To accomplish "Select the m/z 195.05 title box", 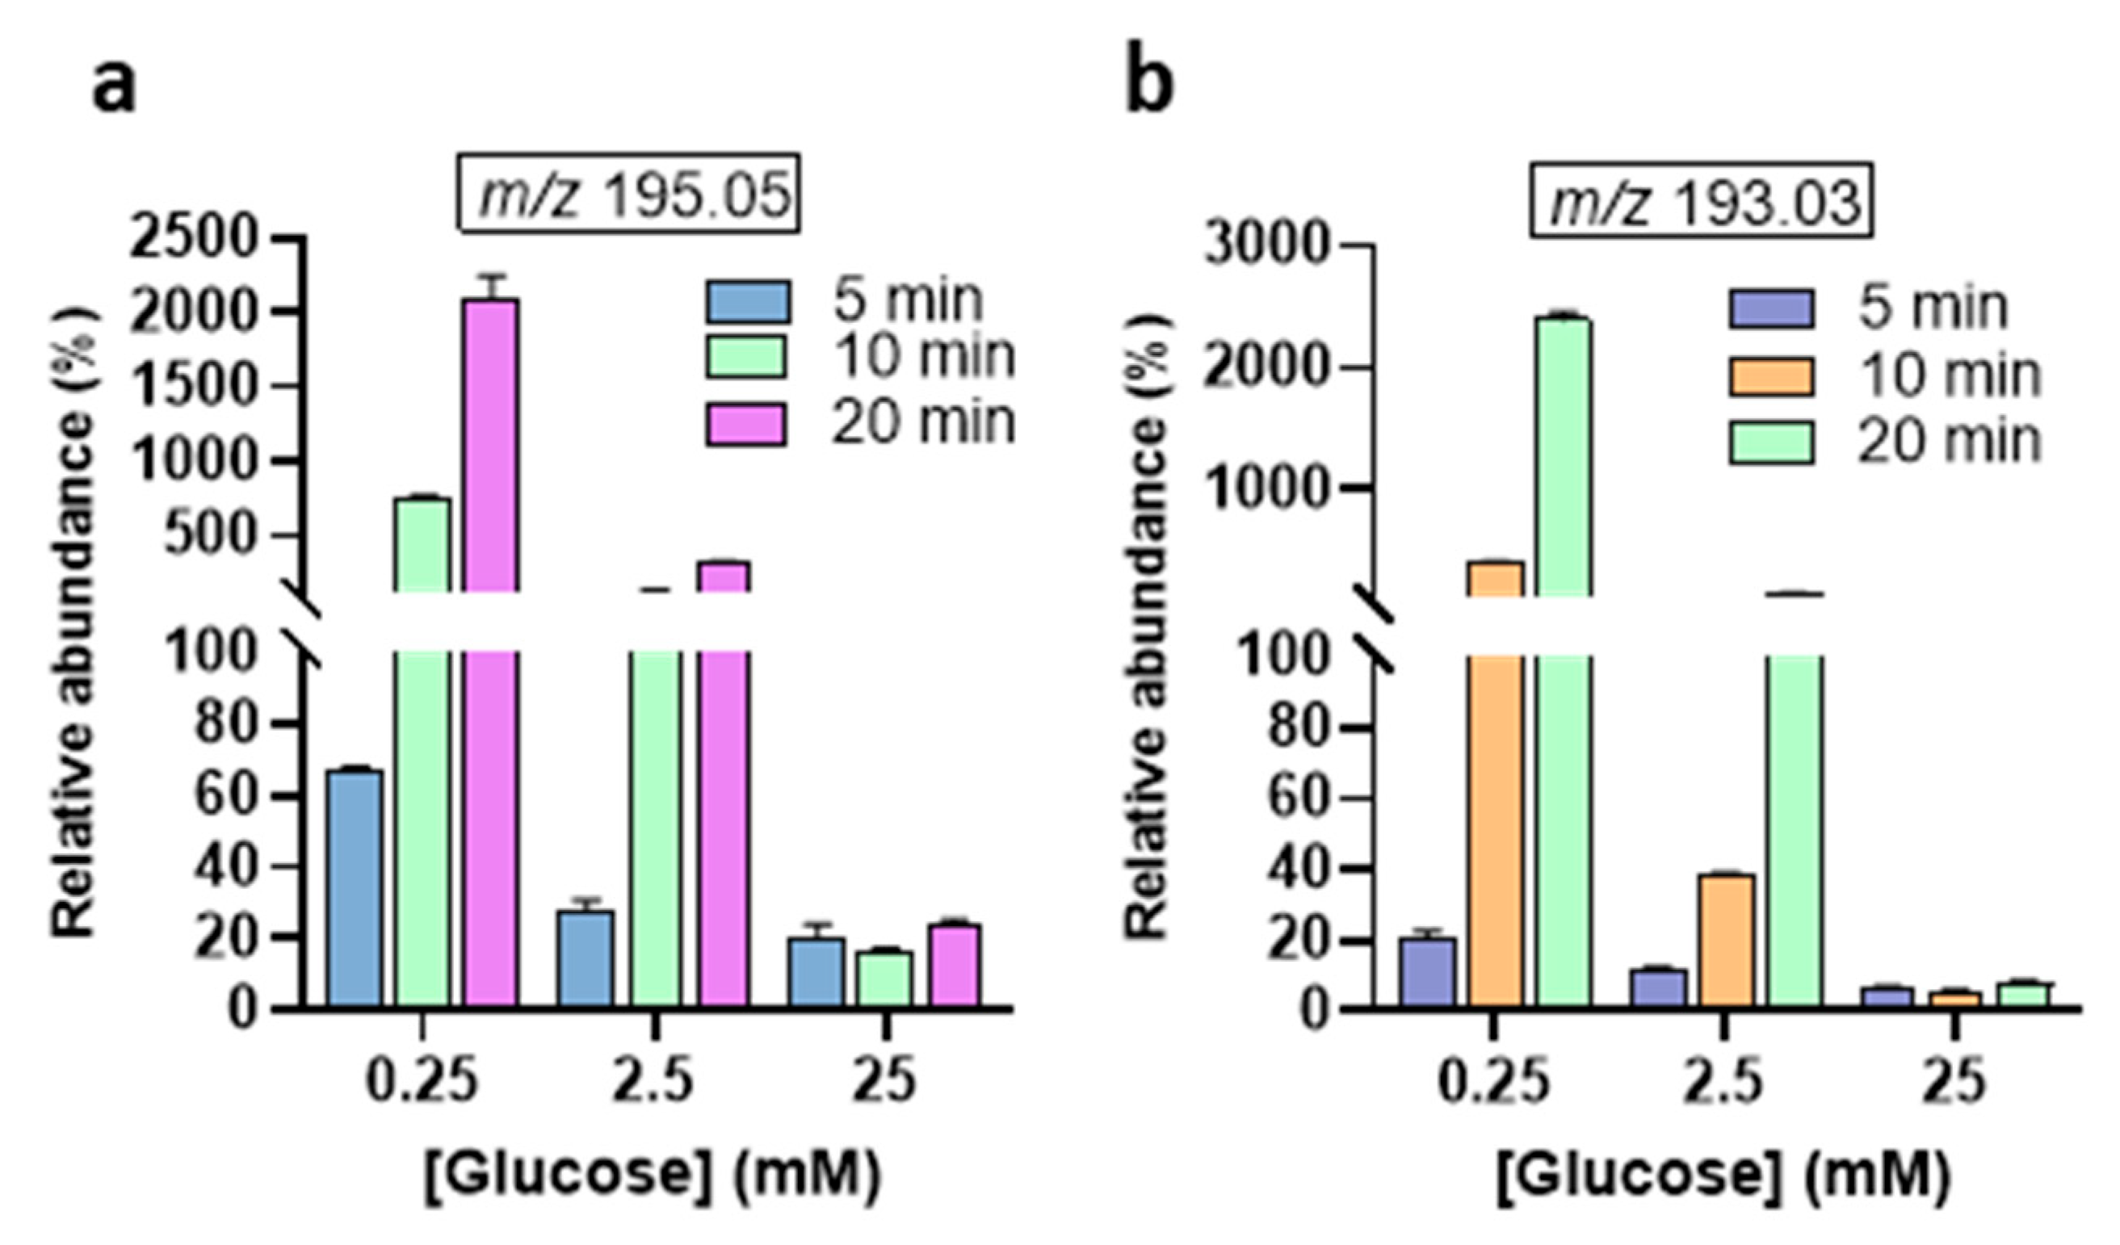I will point(628,194).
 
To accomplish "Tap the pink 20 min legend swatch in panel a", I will point(746,424).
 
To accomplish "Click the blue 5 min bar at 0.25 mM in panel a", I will point(355,887).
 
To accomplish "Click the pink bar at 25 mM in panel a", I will point(954,965).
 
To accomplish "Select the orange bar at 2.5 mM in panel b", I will point(1725,940).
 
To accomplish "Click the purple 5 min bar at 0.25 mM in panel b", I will point(1427,971).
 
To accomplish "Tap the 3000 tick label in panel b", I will point(1267,247).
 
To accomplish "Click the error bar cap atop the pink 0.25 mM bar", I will point(492,276).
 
